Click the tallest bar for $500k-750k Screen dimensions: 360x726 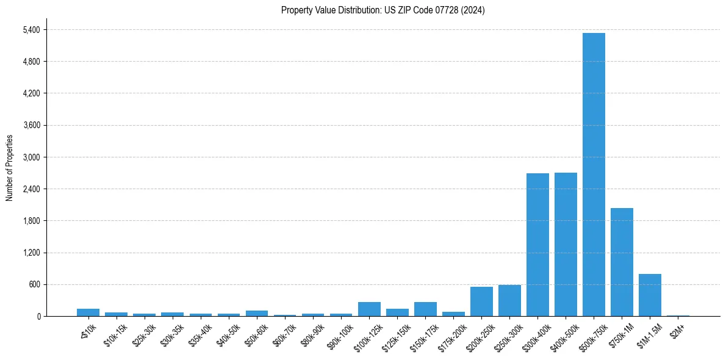594,175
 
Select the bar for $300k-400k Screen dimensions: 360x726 537,245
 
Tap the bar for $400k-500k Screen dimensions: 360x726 566,244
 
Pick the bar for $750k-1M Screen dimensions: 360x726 622,262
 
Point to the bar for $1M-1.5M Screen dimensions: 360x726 650,295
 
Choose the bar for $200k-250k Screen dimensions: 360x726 481,301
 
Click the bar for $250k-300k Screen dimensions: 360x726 509,301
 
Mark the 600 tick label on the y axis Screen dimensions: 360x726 35,284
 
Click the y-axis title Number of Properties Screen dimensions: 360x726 9,168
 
